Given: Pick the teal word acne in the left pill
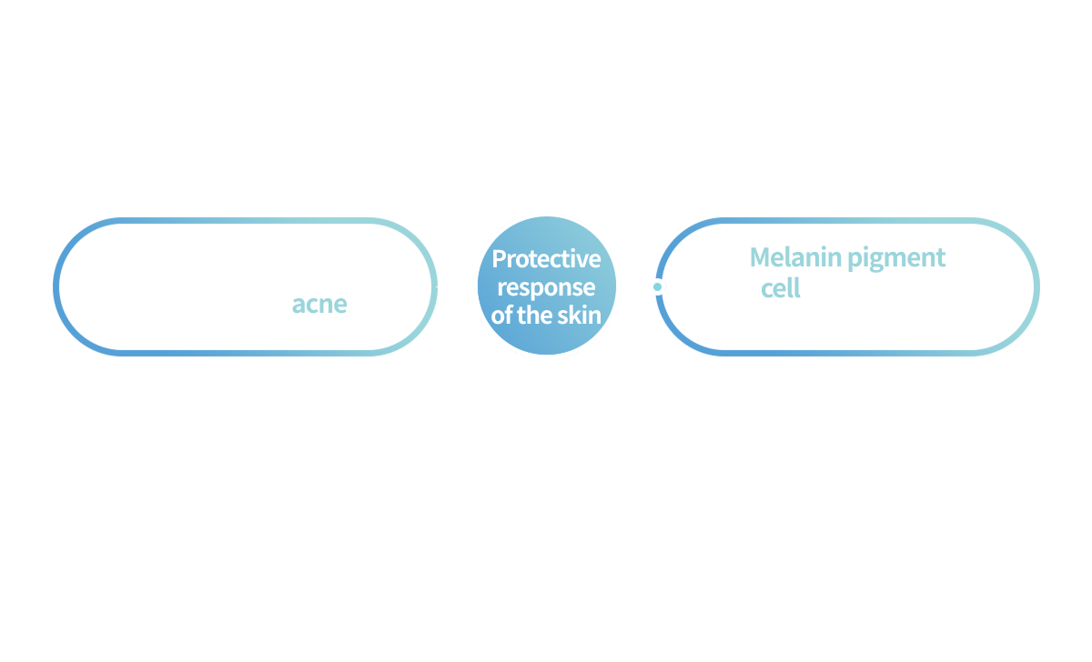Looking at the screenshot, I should coord(319,304).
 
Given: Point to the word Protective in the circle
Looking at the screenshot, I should coord(546,259).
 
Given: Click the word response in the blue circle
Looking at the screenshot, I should coord(546,287).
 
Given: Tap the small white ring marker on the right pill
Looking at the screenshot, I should coord(658,286).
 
